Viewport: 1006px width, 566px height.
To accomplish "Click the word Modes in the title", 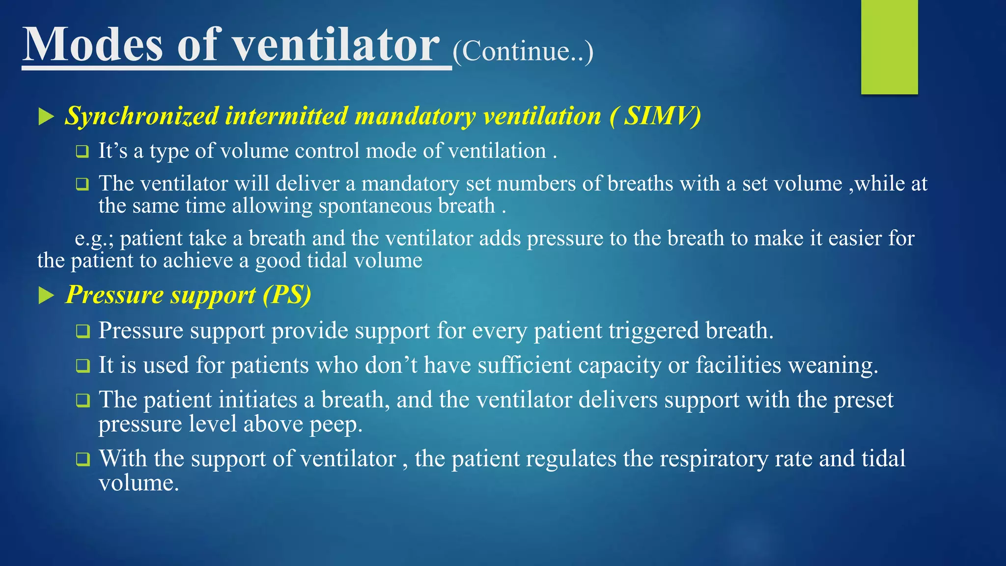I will [x=92, y=45].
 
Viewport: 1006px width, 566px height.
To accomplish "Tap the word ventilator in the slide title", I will [x=335, y=45].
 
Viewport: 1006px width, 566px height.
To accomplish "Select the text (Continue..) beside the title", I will [x=523, y=51].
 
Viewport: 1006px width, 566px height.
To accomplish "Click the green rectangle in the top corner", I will [x=889, y=47].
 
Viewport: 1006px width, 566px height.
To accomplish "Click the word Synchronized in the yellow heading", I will [x=142, y=116].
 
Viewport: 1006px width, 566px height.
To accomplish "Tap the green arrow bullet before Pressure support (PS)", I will [x=46, y=296].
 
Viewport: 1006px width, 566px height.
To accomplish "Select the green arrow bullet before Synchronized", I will [x=46, y=117].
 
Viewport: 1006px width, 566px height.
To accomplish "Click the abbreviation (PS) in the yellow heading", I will [x=287, y=295].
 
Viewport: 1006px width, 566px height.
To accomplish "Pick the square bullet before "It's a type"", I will [x=83, y=151].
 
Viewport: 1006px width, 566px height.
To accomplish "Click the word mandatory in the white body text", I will [x=410, y=184].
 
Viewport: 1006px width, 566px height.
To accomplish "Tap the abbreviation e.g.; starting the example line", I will [x=94, y=239].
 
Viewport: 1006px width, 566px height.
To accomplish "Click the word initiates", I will [x=257, y=400].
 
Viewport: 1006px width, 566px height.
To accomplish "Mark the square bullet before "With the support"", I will [x=83, y=459].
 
